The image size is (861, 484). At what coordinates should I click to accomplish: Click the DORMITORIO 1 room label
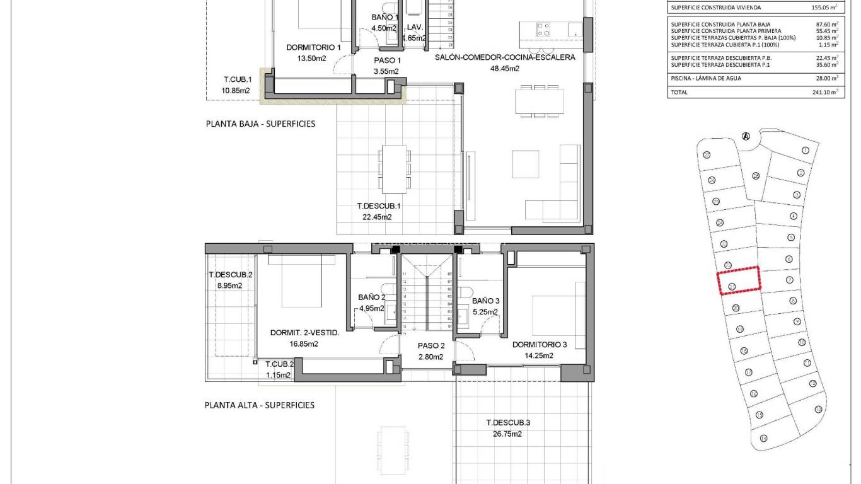pyautogui.click(x=313, y=47)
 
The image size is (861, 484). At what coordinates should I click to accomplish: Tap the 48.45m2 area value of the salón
pyautogui.click(x=504, y=69)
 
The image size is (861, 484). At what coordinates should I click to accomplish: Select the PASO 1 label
pyautogui.click(x=387, y=60)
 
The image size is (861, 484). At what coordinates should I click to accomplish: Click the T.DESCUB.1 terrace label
pyautogui.click(x=379, y=205)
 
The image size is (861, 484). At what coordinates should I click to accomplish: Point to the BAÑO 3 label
pyautogui.click(x=485, y=301)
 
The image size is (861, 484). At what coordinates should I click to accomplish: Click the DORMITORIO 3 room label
pyautogui.click(x=540, y=345)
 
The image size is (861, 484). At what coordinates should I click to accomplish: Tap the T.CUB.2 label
pyautogui.click(x=279, y=364)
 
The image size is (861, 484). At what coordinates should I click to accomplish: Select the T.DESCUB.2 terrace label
pyautogui.click(x=230, y=275)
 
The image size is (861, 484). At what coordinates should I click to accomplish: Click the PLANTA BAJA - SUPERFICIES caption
pyautogui.click(x=260, y=124)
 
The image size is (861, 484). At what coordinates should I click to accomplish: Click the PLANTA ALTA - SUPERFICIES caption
pyautogui.click(x=260, y=405)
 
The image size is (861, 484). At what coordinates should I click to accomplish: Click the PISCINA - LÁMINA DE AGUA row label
pyautogui.click(x=706, y=79)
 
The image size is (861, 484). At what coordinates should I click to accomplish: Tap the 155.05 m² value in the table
pyautogui.click(x=824, y=8)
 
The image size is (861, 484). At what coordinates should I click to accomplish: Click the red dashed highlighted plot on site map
pyautogui.click(x=739, y=280)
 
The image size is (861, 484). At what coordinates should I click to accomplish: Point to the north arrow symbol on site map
pyautogui.click(x=746, y=136)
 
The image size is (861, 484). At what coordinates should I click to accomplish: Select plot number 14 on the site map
pyautogui.click(x=763, y=438)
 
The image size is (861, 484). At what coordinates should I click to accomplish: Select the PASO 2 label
pyautogui.click(x=431, y=345)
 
